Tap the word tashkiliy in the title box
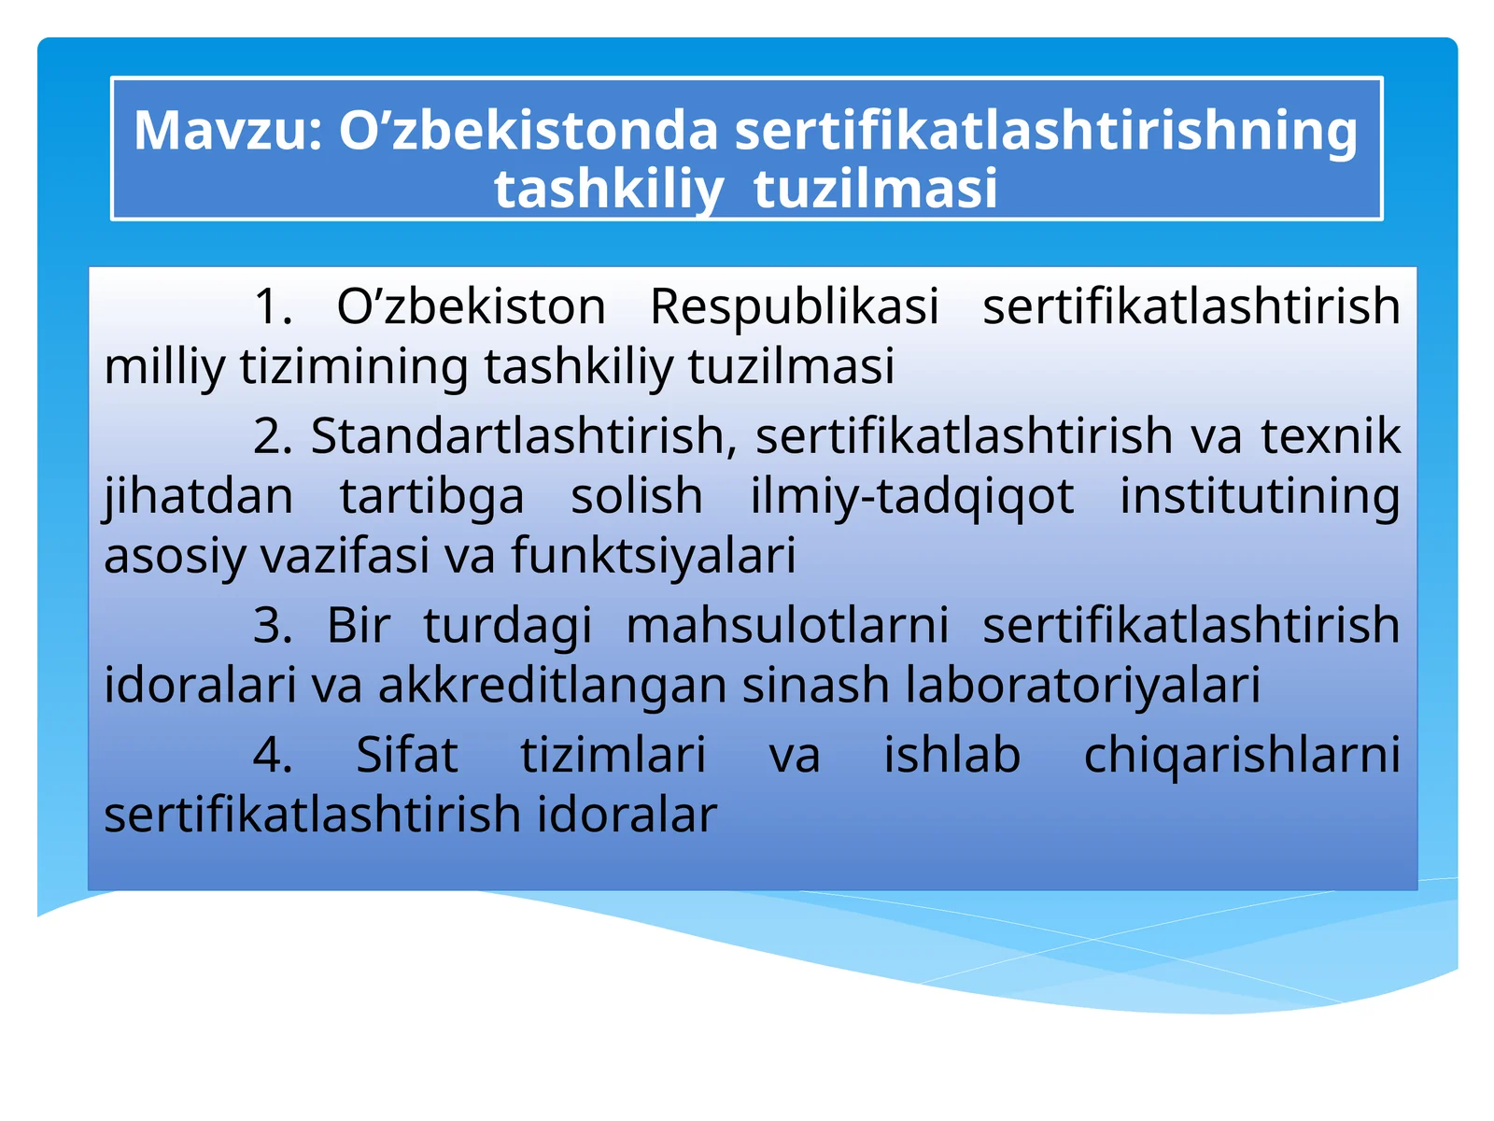tap(608, 189)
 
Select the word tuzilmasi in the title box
tap(875, 189)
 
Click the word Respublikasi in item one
tap(794, 306)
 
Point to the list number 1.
tap(272, 306)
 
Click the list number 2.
tap(272, 436)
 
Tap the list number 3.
tap(272, 625)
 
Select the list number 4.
tap(272, 755)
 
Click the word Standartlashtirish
tap(523, 436)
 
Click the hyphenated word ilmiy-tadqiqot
tap(912, 496)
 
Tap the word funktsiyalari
tap(653, 556)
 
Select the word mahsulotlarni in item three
tap(787, 625)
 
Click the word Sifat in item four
tap(407, 755)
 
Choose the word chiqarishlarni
tap(1242, 755)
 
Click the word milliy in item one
tap(164, 366)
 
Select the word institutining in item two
tap(1260, 496)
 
